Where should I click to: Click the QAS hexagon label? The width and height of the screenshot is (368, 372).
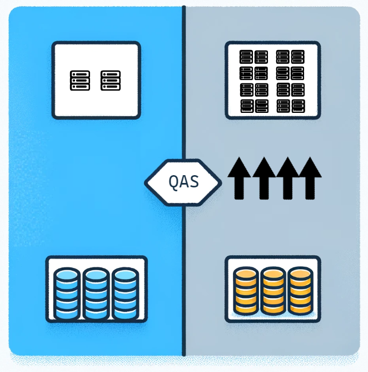click(x=183, y=182)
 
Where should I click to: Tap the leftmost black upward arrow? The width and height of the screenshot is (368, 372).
click(x=240, y=177)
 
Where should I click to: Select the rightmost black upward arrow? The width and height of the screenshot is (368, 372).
click(x=309, y=177)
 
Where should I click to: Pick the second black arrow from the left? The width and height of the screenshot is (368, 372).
click(x=263, y=177)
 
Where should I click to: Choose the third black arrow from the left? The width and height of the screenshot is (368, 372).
click(x=287, y=177)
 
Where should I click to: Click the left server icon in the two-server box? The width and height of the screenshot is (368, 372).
click(x=80, y=81)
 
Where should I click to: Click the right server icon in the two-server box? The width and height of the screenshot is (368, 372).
click(x=111, y=81)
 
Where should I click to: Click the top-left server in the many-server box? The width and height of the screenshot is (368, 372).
click(x=246, y=57)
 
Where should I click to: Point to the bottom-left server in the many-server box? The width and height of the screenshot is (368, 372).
click(x=246, y=106)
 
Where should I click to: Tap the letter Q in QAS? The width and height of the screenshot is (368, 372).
click(x=173, y=182)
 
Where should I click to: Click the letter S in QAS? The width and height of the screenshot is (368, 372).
click(x=194, y=182)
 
